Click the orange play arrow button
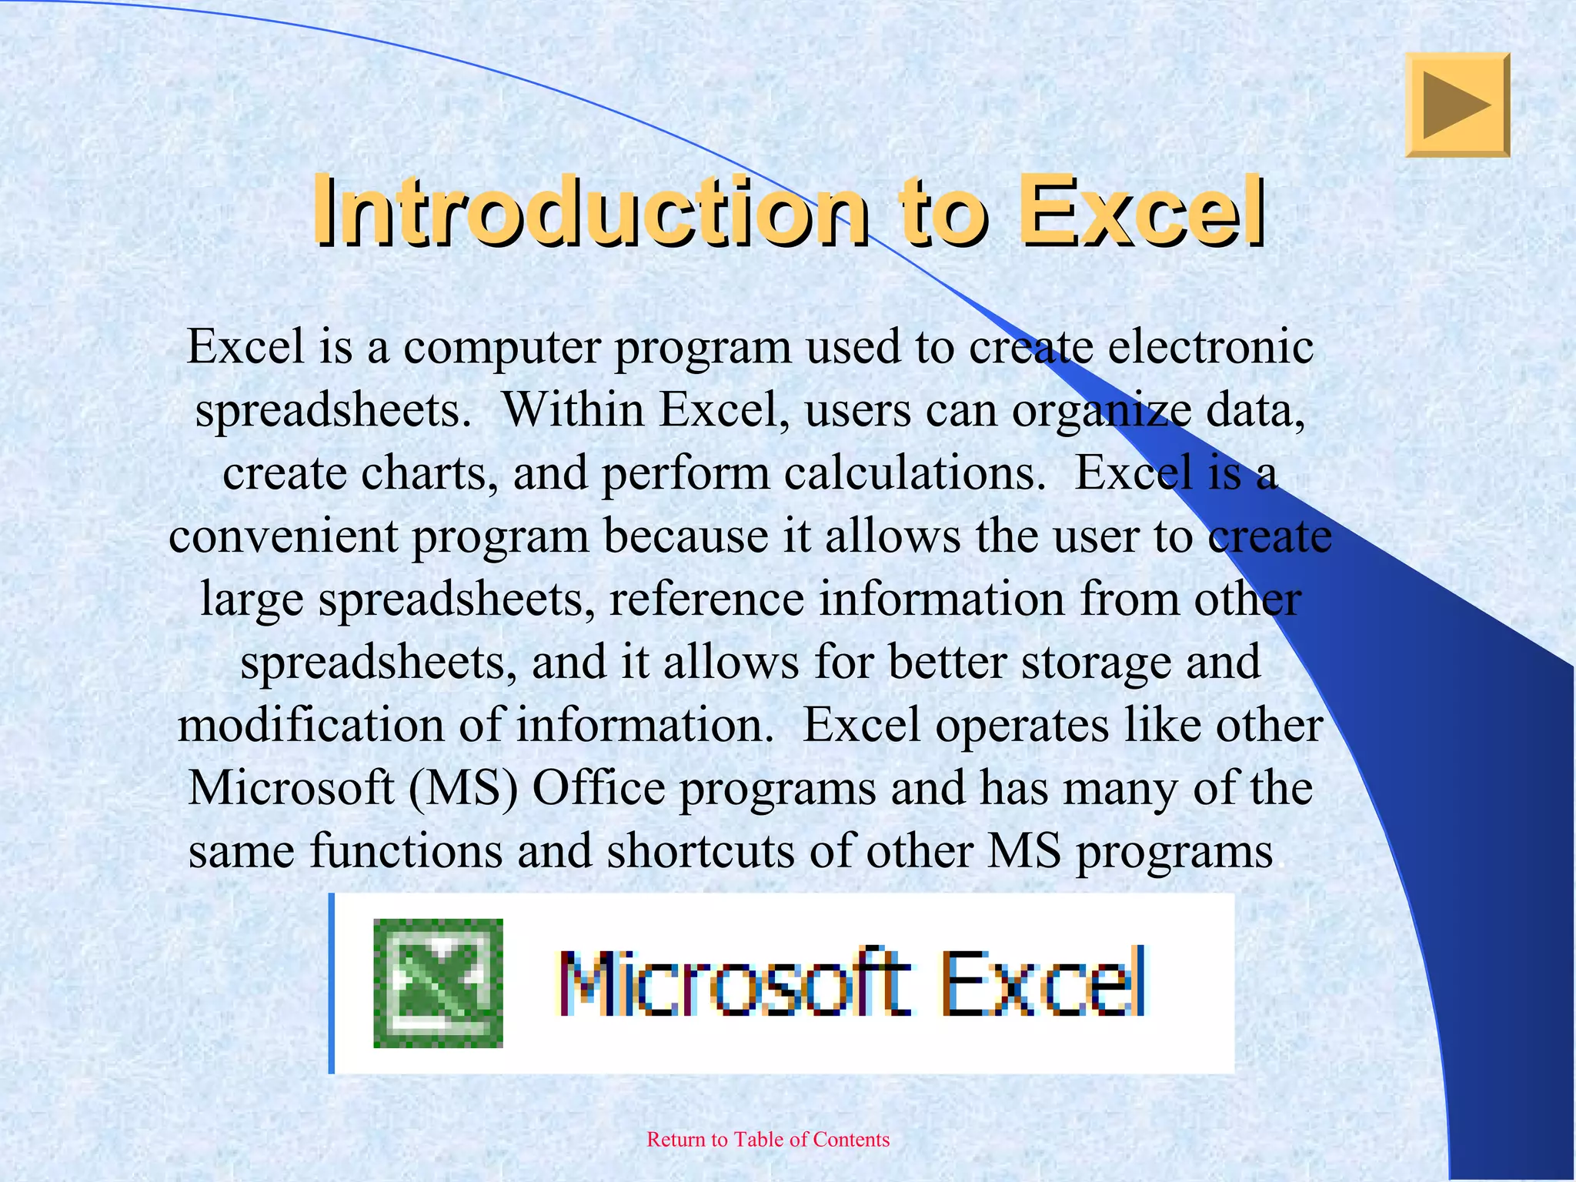click(1457, 105)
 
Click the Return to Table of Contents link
click(768, 1140)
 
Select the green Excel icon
click(438, 983)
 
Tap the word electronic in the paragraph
click(1210, 348)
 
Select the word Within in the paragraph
click(573, 410)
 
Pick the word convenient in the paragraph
click(283, 536)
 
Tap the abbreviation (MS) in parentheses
click(463, 789)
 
